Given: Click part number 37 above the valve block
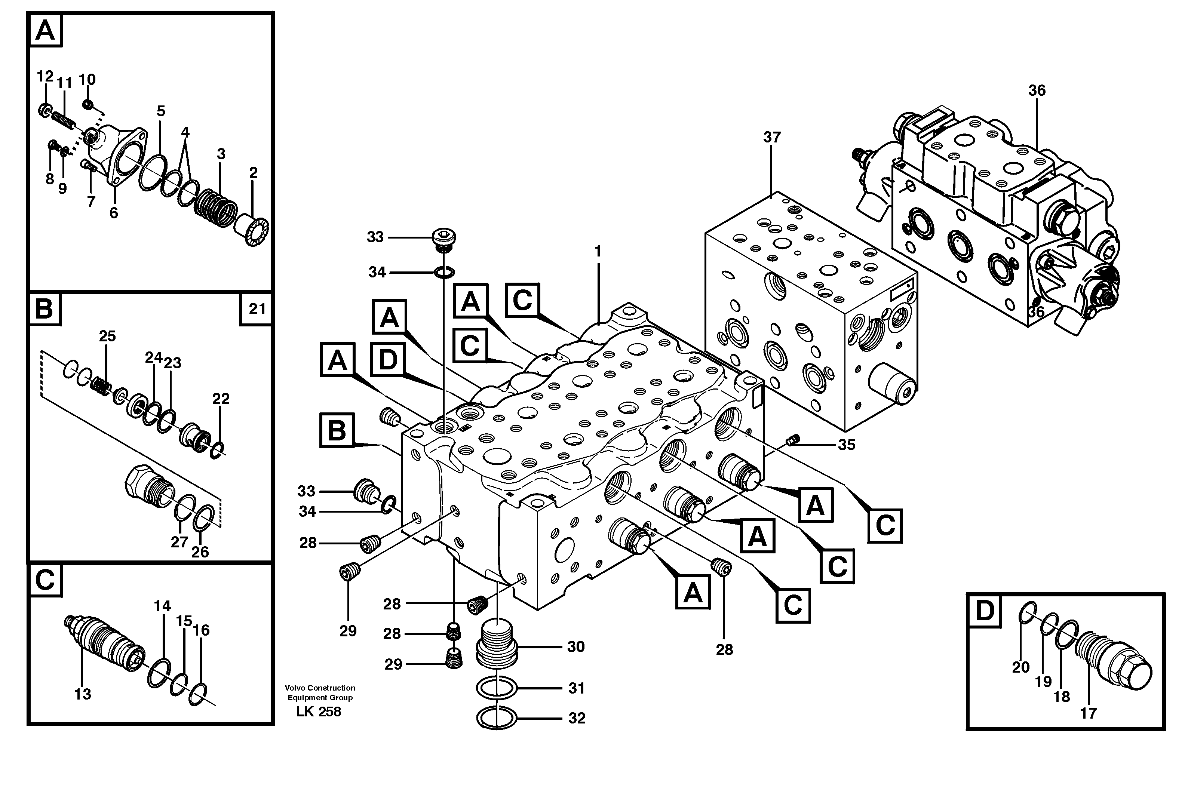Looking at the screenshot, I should click(771, 137).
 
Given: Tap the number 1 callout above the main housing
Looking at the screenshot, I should click(598, 251).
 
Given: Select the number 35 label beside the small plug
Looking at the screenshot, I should click(847, 445).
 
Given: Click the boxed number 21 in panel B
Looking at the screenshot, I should click(257, 309).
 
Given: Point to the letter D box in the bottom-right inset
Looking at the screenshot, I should click(984, 611).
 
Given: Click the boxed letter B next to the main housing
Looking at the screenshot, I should click(337, 431).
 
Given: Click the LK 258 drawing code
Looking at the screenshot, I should click(319, 712).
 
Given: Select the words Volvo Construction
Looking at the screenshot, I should click(320, 688).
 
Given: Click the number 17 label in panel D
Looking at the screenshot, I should click(1088, 713).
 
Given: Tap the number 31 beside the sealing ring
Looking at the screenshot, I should click(576, 688).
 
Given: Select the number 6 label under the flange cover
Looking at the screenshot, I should click(114, 213).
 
